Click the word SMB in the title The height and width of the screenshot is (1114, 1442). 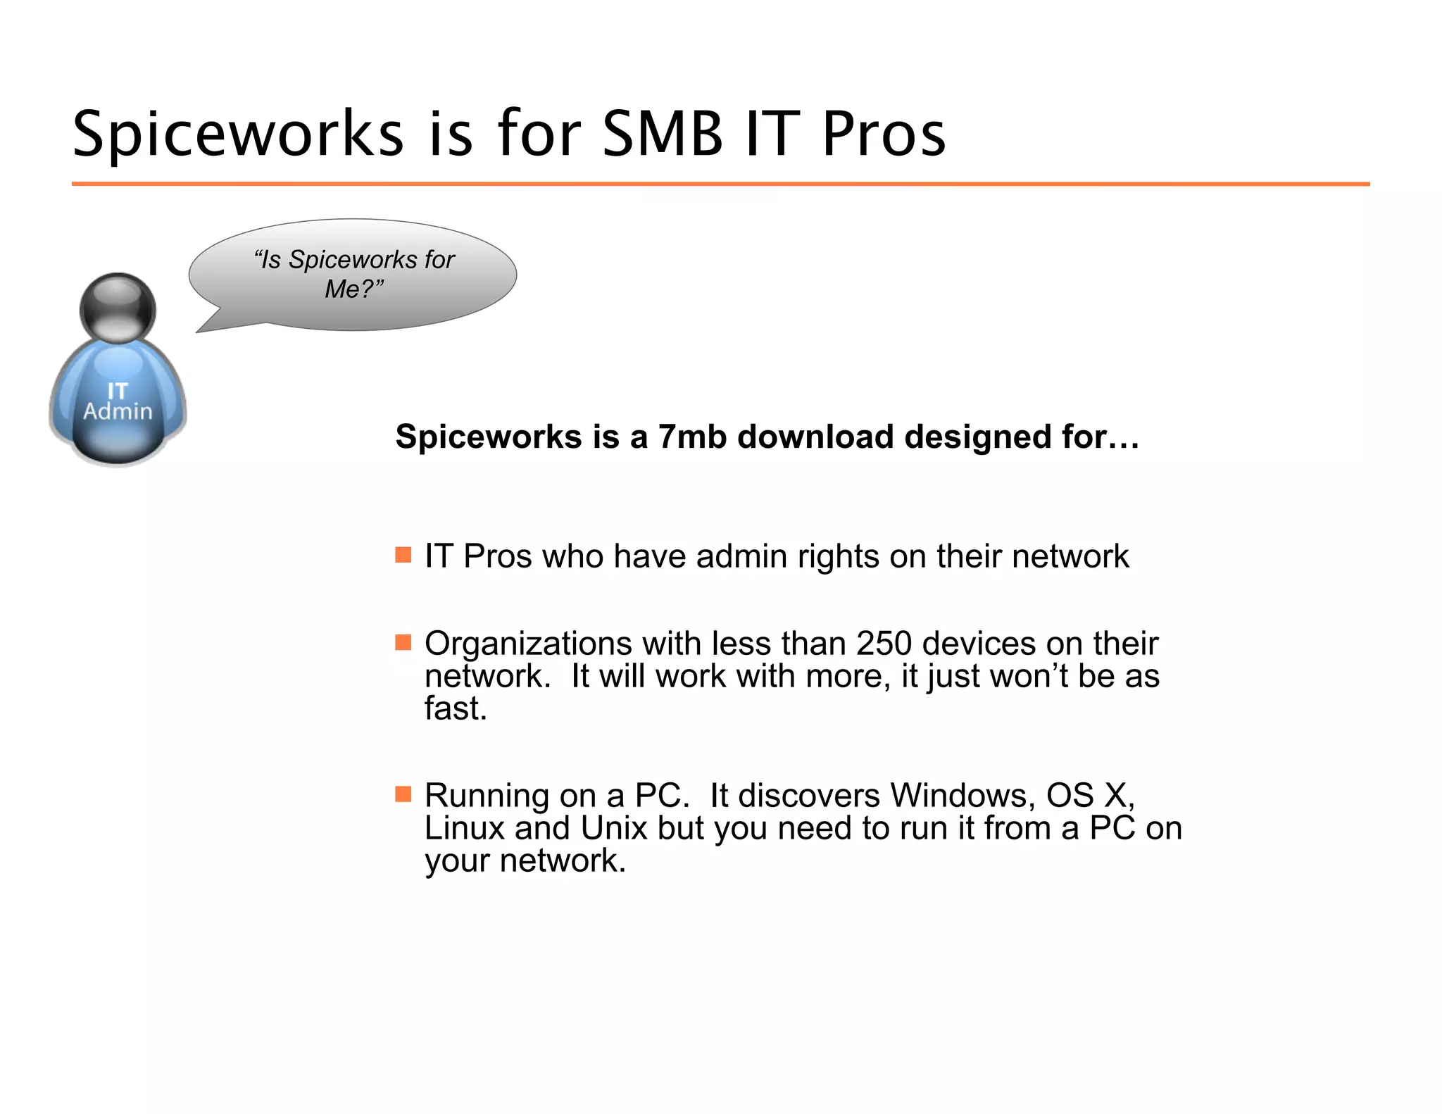click(x=663, y=134)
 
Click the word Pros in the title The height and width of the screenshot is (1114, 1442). click(x=884, y=134)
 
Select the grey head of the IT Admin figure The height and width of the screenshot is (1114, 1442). click(x=118, y=308)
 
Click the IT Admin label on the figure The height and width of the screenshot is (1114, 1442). click(x=118, y=401)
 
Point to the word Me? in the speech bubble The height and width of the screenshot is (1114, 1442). click(x=353, y=289)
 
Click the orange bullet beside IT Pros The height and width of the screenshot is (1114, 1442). click(x=403, y=555)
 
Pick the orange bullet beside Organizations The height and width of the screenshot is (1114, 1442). click(x=403, y=642)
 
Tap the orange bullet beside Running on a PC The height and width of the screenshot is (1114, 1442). click(x=403, y=794)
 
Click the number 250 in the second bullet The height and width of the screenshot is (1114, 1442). click(x=884, y=644)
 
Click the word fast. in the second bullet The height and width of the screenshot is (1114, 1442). click(x=456, y=708)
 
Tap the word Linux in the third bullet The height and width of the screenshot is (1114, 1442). click(x=465, y=828)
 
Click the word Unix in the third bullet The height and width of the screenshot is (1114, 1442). click(x=613, y=828)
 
